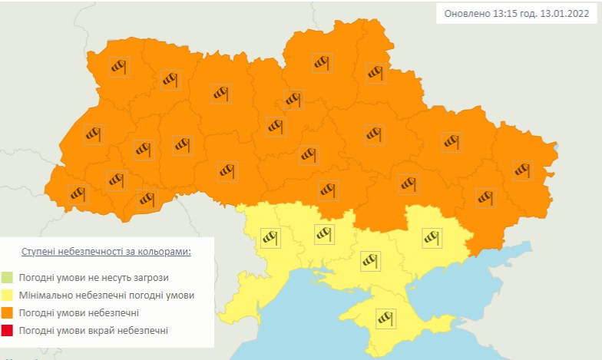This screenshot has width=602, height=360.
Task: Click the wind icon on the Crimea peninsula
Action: point(385,317)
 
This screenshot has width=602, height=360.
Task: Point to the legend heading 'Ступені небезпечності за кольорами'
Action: point(106,252)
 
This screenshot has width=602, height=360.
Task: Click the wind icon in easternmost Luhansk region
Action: point(523,169)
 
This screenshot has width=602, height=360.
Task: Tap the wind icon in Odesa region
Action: point(270,237)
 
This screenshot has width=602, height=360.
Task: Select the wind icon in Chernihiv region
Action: point(322,62)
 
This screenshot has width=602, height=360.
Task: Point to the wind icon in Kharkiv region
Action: point(451,141)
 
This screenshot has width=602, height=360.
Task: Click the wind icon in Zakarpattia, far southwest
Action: point(78,193)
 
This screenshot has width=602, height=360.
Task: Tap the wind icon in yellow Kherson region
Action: point(372,261)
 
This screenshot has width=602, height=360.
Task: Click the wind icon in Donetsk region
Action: point(485,197)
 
